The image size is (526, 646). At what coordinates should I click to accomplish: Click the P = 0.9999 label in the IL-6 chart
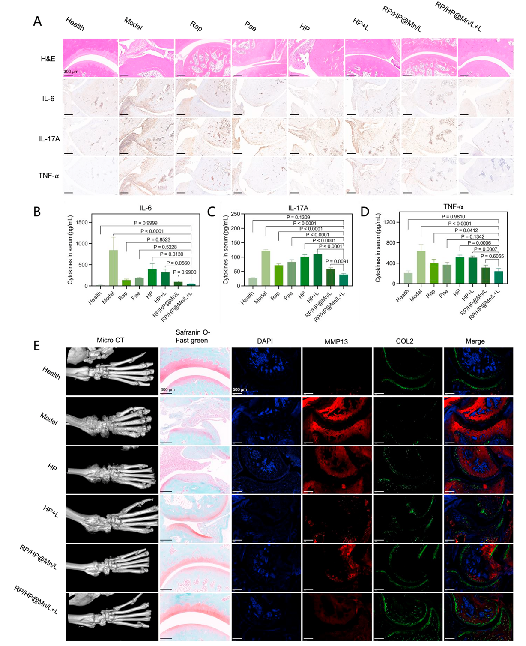146,223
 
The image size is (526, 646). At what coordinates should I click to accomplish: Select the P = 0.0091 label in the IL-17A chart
338,261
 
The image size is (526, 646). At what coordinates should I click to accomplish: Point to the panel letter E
37,346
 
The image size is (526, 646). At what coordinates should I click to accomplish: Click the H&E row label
48,58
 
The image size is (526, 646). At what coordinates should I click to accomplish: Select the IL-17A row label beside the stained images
49,138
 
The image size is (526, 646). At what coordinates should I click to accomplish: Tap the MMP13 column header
336,341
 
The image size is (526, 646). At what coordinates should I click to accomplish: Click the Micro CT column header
111,341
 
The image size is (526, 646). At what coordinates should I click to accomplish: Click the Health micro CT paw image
112,371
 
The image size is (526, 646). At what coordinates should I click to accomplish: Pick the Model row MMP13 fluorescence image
337,420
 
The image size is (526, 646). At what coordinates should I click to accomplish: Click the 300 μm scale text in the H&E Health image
71,72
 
